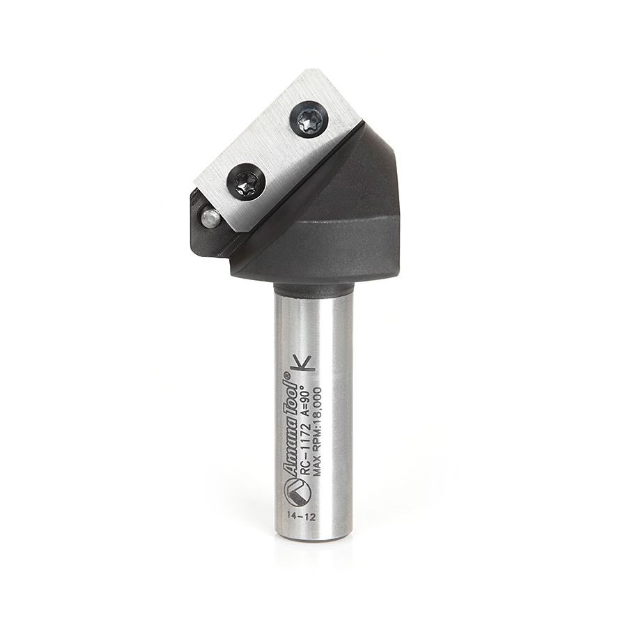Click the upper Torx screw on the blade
pos(309,120)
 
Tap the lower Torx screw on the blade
pos(247,182)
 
